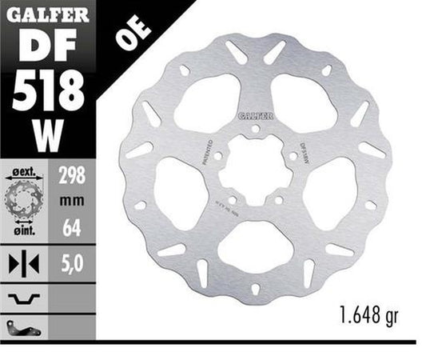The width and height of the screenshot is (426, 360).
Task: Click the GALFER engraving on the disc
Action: (255, 115)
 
